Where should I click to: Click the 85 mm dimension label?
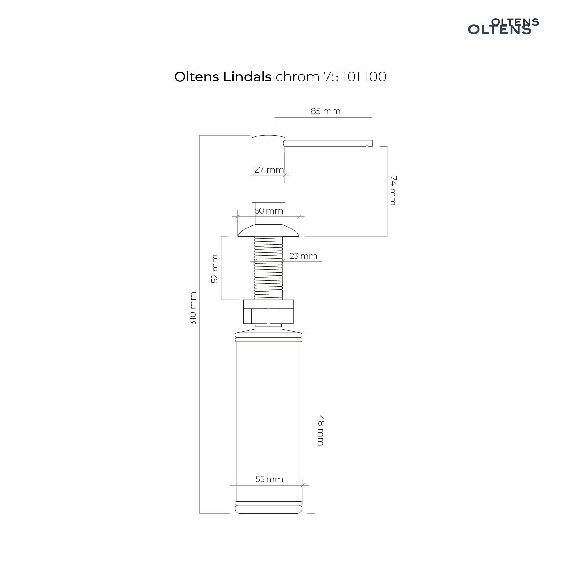pyautogui.click(x=325, y=111)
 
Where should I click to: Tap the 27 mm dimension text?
pyautogui.click(x=269, y=170)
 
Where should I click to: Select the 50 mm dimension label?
pyautogui.click(x=269, y=211)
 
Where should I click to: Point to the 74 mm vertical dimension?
pyautogui.click(x=392, y=190)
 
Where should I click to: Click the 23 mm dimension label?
pyautogui.click(x=303, y=256)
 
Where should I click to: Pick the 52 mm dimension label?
pyautogui.click(x=215, y=269)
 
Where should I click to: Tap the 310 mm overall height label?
pyautogui.click(x=193, y=309)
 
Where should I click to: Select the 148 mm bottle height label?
pyautogui.click(x=320, y=428)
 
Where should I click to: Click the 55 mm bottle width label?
pyautogui.click(x=269, y=479)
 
